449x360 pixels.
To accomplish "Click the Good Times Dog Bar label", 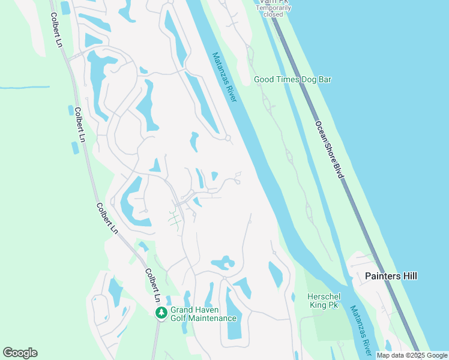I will pos(292,79).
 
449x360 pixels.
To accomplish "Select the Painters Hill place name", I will pos(391,276).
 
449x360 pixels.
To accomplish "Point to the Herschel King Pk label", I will pos(323,301).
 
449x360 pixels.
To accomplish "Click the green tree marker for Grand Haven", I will pos(161,313).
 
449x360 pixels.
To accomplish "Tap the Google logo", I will pos(20,353).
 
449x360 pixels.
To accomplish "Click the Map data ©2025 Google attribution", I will pos(412,355).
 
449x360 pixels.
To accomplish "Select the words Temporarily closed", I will pos(273,11).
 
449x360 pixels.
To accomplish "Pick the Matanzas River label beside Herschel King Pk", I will pos(361,331).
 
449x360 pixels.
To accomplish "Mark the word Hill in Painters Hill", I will pos(409,276).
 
